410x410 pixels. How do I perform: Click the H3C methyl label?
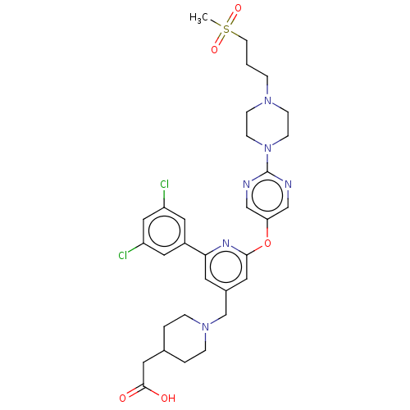coord(198,18)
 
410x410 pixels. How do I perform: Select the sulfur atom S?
coord(226,29)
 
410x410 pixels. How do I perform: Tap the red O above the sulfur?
coord(239,8)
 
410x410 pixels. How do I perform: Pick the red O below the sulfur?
coord(215,49)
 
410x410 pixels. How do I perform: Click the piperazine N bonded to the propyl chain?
coord(267,101)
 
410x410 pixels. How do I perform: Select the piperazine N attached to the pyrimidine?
coord(267,148)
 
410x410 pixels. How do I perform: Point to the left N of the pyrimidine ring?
coord(247,184)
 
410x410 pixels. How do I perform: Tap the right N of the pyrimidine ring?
coord(289,184)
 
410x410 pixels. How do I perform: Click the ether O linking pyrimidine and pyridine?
coord(267,243)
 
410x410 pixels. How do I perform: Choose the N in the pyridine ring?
coord(226,243)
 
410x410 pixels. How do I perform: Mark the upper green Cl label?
coord(164,184)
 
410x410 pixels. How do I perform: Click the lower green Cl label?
coord(123,256)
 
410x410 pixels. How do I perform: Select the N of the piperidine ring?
coord(206,326)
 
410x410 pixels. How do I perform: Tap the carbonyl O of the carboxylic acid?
coord(123,398)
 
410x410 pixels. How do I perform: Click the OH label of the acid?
coord(168,398)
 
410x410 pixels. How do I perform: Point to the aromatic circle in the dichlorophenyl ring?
coord(164,231)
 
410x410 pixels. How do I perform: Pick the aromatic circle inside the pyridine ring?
coord(226,266)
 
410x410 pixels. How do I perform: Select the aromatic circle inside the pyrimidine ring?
coord(267,195)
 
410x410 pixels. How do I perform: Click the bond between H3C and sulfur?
coord(216,24)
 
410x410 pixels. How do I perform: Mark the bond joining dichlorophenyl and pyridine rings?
coord(195,248)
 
